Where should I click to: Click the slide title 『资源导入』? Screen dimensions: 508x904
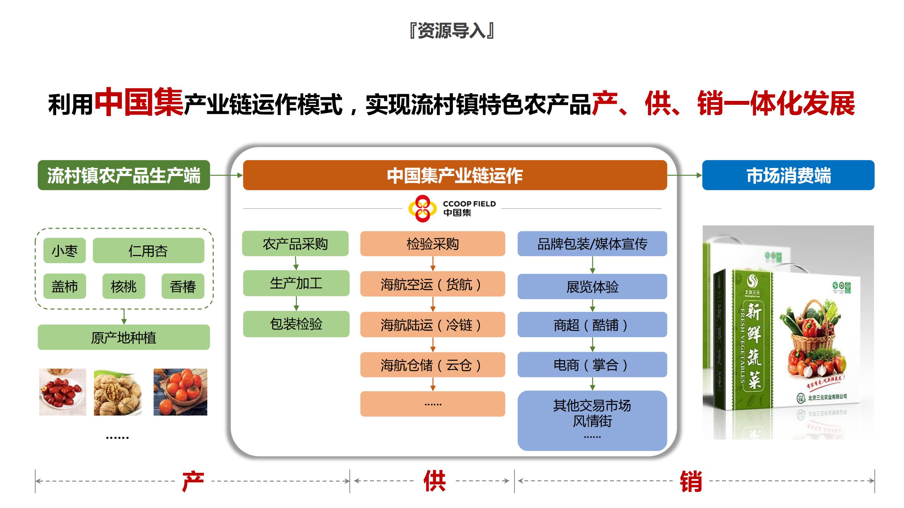[x=452, y=31]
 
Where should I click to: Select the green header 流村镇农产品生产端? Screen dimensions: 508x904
[x=124, y=175]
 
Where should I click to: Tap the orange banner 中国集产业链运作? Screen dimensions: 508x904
[x=455, y=175]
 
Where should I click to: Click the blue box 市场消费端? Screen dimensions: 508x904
[x=788, y=175]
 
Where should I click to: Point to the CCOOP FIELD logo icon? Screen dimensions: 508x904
[x=420, y=208]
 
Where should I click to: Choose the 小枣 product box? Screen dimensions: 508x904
[x=64, y=251]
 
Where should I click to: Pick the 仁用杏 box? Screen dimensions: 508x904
[x=148, y=251]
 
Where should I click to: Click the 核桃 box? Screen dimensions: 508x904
[x=124, y=286]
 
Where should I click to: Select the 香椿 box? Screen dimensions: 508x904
[x=183, y=286]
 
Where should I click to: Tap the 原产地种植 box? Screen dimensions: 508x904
[x=124, y=338]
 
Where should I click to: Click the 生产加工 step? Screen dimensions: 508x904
[x=296, y=283]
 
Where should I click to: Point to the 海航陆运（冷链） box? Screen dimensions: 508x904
[x=432, y=325]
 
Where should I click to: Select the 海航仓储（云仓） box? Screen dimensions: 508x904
[x=432, y=365]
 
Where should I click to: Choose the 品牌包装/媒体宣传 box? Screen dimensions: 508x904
[x=592, y=244]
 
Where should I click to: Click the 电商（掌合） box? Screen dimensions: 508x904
[x=592, y=365]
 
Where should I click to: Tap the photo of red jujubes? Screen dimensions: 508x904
[x=63, y=392]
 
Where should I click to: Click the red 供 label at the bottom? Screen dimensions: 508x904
[x=434, y=481]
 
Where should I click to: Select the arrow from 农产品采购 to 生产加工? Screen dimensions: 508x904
[x=296, y=263]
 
